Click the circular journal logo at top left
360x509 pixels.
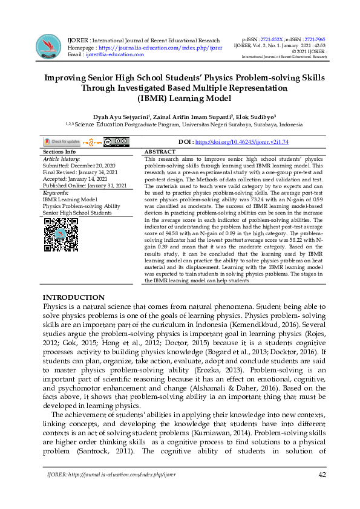[x=50, y=46]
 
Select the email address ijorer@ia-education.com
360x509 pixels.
[x=114, y=54]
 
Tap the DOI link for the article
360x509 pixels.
[x=233, y=142]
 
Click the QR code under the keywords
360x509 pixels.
[x=61, y=235]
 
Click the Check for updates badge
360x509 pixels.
[x=61, y=142]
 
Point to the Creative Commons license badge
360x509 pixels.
[x=116, y=142]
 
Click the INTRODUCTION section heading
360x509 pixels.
[x=73, y=297]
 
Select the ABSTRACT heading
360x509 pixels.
[x=160, y=152]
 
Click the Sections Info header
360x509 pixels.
[x=59, y=152]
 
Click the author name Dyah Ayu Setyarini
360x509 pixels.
[x=119, y=115]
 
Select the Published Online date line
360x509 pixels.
[x=84, y=186]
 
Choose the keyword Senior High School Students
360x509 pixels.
[x=77, y=213]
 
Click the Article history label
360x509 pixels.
[x=61, y=159]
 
